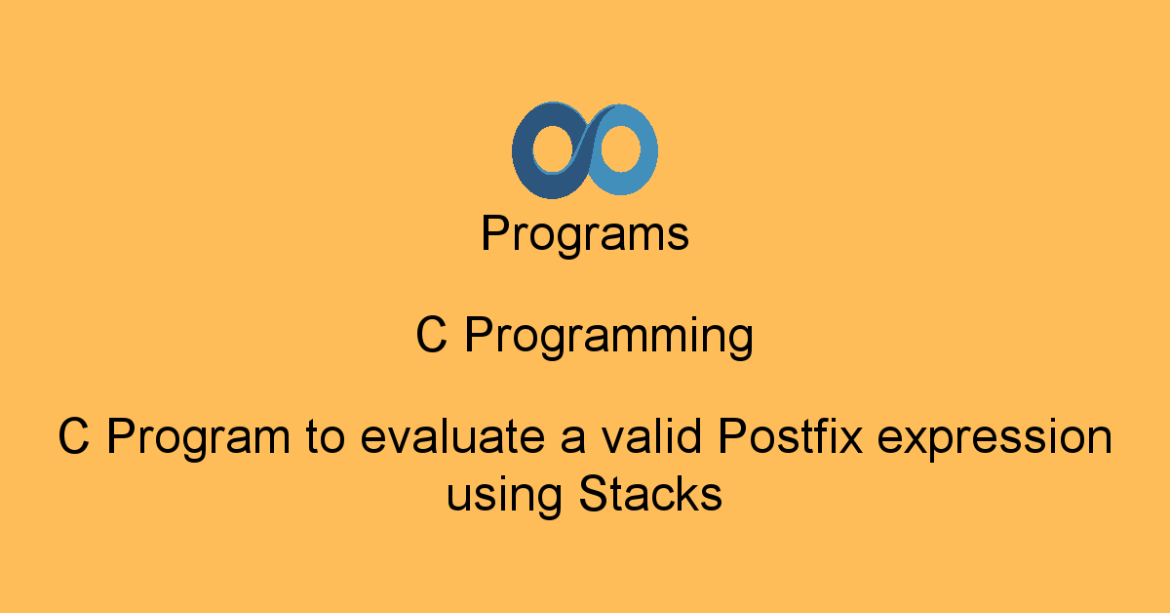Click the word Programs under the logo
click(x=585, y=235)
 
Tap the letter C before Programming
click(x=433, y=337)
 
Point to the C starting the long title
click(x=75, y=437)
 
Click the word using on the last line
click(x=504, y=495)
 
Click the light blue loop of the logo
click(x=634, y=150)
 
